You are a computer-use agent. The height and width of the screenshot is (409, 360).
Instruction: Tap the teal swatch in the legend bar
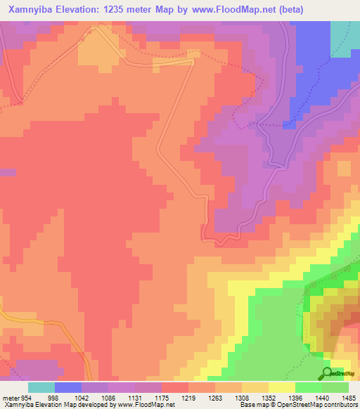(41, 387)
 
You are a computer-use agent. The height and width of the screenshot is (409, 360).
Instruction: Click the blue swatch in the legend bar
(68, 387)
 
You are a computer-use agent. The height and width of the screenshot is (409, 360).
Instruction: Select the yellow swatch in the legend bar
(282, 387)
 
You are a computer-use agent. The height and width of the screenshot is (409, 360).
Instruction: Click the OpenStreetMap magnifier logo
(328, 373)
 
